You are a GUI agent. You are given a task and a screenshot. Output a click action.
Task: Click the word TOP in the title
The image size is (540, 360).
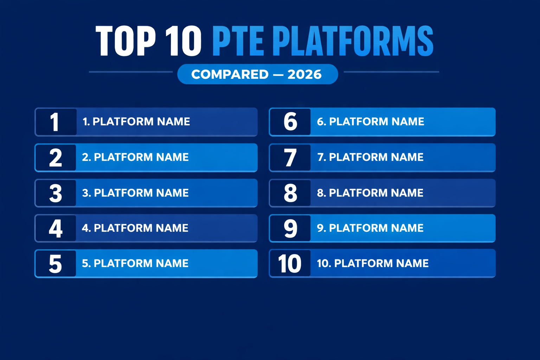click(126, 41)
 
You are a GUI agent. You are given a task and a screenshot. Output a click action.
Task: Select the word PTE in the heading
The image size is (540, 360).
click(238, 41)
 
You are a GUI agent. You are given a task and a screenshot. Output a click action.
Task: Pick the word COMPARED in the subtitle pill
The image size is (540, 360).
click(230, 74)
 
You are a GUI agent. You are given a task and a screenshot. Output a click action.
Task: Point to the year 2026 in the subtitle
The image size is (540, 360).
click(304, 74)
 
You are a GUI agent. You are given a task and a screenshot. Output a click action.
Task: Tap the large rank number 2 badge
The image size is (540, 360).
click(56, 157)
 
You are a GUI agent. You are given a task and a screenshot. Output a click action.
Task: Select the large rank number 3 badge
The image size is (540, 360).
click(56, 193)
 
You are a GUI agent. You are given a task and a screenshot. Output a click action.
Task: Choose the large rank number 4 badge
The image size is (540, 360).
click(56, 229)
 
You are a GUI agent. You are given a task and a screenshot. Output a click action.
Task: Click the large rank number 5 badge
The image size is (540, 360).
click(56, 264)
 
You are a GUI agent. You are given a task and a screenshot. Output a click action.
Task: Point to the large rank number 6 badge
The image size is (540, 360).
click(290, 122)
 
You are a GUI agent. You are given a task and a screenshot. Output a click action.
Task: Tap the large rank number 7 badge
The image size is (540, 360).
click(290, 157)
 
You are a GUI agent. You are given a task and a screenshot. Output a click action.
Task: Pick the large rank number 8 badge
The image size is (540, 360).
click(290, 193)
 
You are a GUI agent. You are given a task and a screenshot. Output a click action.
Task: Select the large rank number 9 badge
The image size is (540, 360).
click(290, 229)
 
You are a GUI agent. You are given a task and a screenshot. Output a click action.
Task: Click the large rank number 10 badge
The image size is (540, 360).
click(290, 264)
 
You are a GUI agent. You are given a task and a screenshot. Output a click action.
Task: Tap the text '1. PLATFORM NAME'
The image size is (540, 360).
click(136, 122)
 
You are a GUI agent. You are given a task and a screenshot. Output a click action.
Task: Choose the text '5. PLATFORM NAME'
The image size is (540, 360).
click(135, 263)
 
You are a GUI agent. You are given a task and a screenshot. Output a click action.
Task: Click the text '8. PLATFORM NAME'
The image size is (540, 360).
click(370, 193)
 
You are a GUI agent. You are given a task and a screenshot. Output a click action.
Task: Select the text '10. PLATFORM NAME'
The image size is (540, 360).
click(373, 263)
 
